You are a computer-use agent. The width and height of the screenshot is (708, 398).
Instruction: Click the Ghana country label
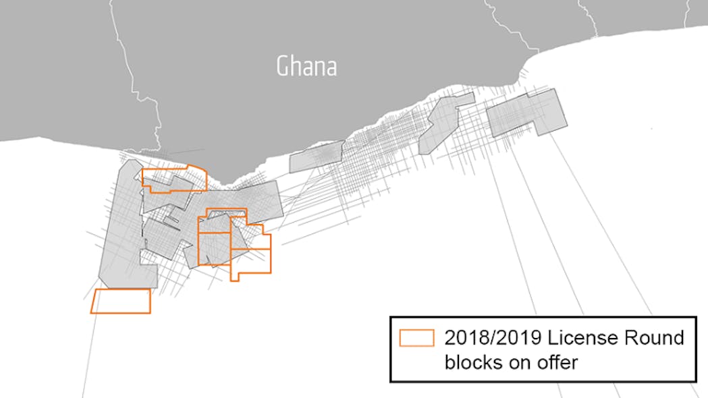(x=306, y=66)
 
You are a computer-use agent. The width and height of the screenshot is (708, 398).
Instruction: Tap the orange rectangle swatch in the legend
(x=416, y=338)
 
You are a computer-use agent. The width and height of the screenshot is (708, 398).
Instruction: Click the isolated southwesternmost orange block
(x=121, y=301)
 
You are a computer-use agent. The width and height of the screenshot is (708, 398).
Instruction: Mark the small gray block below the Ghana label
(x=316, y=157)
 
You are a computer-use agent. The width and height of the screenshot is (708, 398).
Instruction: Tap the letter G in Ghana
(x=283, y=66)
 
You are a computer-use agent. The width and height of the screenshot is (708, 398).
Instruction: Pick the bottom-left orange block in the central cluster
(x=213, y=249)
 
